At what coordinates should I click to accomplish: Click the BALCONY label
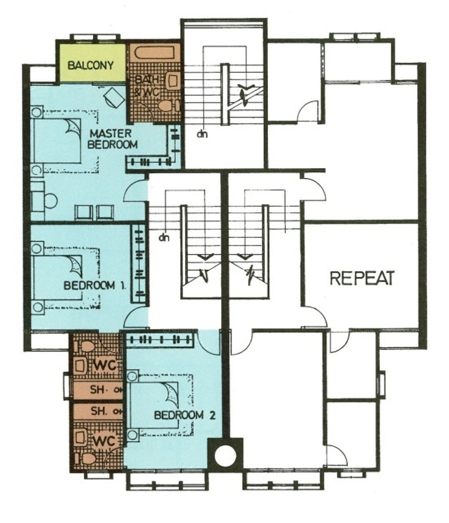[x=91, y=65]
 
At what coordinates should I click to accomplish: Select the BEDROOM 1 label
[x=95, y=286]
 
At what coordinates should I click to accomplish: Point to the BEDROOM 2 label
[x=185, y=415]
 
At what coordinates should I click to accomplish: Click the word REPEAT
[x=362, y=278]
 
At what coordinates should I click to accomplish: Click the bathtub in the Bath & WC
[x=155, y=53]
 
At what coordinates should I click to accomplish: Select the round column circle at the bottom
[x=225, y=455]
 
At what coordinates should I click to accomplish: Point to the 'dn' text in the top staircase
[x=202, y=134]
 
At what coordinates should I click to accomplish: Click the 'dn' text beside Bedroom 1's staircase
[x=164, y=237]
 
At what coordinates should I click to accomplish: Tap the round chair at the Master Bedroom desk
[x=50, y=200]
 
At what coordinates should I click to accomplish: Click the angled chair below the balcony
[x=114, y=97]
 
